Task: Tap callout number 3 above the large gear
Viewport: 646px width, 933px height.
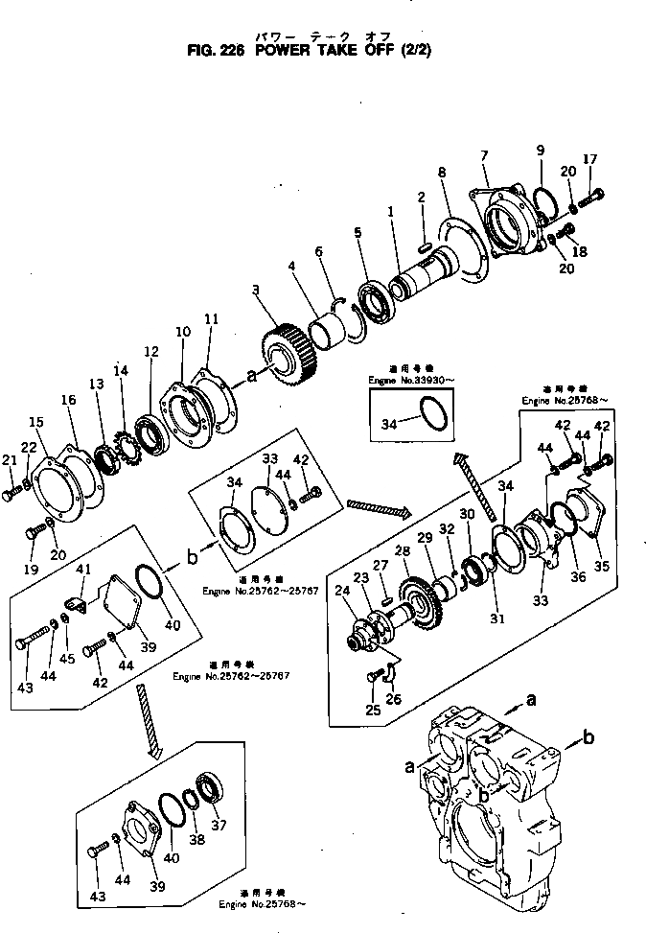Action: click(256, 289)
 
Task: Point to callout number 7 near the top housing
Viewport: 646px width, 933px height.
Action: click(485, 154)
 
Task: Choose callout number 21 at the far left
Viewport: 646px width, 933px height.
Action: click(10, 461)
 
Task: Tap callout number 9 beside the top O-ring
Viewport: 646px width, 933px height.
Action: click(540, 151)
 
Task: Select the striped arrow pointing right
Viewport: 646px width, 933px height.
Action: click(378, 505)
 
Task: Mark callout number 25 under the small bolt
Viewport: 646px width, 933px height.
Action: click(373, 710)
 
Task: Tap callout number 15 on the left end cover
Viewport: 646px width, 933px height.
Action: click(35, 422)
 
